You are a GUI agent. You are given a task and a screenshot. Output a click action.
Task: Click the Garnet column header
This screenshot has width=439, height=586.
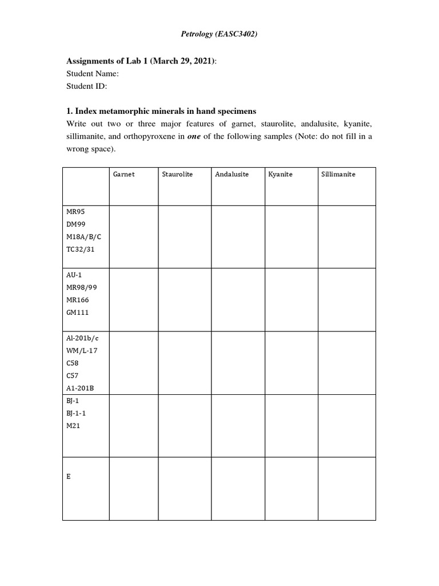point(124,174)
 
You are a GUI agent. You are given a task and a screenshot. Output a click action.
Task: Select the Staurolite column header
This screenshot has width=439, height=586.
point(177,174)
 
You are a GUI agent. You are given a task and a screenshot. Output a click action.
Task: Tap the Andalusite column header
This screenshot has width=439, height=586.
point(232,174)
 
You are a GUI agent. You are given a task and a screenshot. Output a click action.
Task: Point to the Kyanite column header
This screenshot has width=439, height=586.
point(280,174)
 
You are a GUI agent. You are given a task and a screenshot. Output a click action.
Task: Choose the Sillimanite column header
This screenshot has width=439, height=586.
point(338,174)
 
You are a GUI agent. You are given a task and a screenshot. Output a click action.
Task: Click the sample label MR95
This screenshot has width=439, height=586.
point(75,212)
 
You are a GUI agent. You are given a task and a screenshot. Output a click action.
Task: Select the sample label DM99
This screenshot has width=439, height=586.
point(76,224)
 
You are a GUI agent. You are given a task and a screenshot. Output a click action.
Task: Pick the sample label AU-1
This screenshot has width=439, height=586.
point(74,275)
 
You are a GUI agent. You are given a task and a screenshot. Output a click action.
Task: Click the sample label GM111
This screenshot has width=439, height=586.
point(78,312)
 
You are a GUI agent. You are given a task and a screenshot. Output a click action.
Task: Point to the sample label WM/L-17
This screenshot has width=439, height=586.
point(82,350)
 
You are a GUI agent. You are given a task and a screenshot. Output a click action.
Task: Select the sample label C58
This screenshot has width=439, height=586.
point(73,363)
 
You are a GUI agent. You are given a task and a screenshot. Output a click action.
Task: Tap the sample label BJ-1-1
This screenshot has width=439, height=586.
point(76,413)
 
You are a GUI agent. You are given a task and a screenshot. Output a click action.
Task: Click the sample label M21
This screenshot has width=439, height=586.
point(73,426)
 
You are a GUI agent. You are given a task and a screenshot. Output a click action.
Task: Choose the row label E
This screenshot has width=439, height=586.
point(69,476)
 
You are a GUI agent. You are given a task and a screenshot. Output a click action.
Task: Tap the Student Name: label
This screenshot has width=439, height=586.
point(92,74)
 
